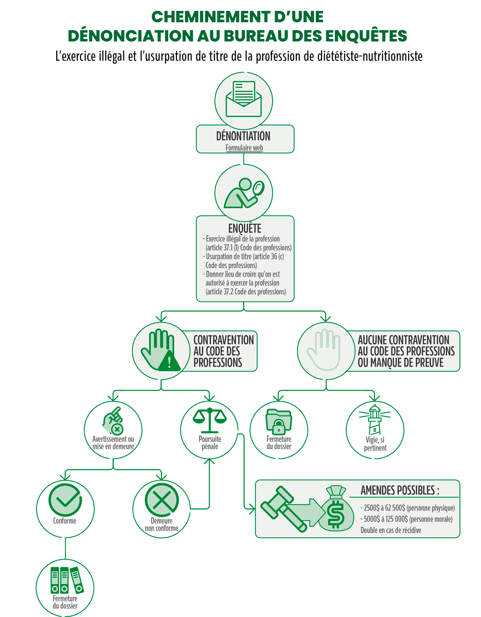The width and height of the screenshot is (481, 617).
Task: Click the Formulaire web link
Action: tap(244, 148)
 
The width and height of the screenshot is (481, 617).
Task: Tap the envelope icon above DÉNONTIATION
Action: tap(243, 99)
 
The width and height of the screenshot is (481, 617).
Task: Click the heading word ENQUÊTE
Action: tap(245, 228)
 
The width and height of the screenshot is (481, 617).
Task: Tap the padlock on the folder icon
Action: tap(279, 427)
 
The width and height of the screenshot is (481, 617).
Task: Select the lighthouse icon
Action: tap(375, 420)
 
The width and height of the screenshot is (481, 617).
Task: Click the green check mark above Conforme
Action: tap(65, 500)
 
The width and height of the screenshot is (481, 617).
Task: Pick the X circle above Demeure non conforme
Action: tap(162, 500)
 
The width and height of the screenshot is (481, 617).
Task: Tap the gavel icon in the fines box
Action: tap(283, 508)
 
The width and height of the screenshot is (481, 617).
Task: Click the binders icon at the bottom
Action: tap(67, 580)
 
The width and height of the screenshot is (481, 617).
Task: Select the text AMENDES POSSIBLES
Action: tap(400, 490)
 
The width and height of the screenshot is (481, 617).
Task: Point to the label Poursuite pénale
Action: tap(210, 443)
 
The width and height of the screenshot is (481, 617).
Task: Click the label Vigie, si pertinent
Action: tap(375, 444)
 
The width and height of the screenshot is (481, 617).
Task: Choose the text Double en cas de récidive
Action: tap(391, 530)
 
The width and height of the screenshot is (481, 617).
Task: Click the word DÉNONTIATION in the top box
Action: tap(243, 136)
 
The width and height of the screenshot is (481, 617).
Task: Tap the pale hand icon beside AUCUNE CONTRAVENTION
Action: tap(323, 350)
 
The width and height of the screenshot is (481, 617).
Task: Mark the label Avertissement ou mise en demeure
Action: tap(113, 443)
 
